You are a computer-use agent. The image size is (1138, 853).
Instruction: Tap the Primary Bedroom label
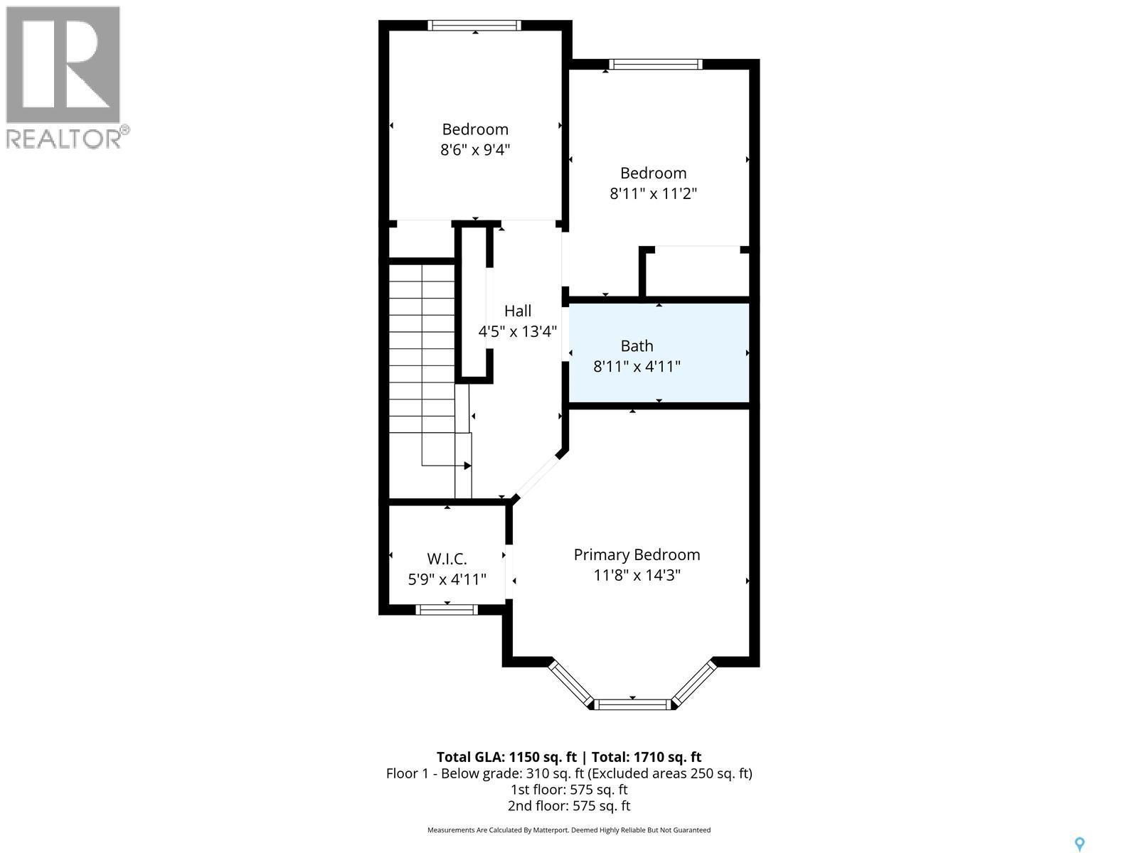pyautogui.click(x=637, y=554)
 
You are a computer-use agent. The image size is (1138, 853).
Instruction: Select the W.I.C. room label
pyautogui.click(x=447, y=559)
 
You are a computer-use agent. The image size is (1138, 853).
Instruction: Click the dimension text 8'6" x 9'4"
pyautogui.click(x=475, y=150)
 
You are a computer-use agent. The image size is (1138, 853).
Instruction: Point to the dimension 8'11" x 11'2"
pyautogui.click(x=653, y=193)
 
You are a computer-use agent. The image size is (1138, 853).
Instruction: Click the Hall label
pyautogui.click(x=518, y=311)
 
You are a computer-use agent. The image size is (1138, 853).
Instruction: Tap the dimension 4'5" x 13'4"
pyautogui.click(x=518, y=331)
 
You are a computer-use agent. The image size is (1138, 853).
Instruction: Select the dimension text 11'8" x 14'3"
pyautogui.click(x=637, y=575)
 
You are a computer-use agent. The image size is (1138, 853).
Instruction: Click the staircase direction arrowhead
pyautogui.click(x=467, y=466)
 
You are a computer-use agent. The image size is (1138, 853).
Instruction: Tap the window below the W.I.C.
pyautogui.click(x=447, y=609)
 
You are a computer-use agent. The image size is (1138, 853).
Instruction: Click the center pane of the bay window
pyautogui.click(x=632, y=704)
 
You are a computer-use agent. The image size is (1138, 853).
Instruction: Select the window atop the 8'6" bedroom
pyautogui.click(x=474, y=26)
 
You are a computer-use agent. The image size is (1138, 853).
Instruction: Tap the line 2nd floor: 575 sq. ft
pyautogui.click(x=569, y=805)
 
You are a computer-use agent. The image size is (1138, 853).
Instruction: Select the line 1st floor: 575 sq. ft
pyautogui.click(x=569, y=789)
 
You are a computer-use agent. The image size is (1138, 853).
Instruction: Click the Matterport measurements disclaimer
pyautogui.click(x=569, y=830)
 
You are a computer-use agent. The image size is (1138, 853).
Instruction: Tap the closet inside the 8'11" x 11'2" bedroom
pyautogui.click(x=697, y=272)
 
